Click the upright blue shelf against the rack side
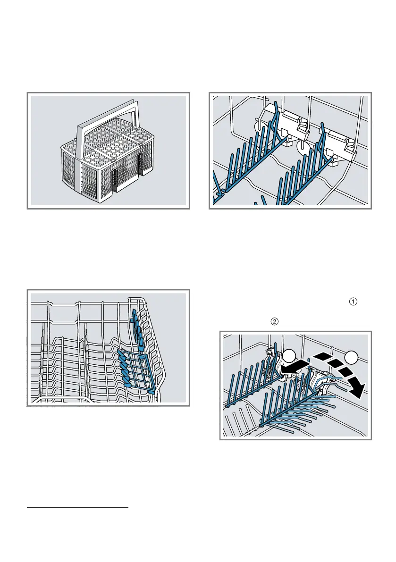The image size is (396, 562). tap(136, 326)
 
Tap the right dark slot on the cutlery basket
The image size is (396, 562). tap(141, 163)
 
